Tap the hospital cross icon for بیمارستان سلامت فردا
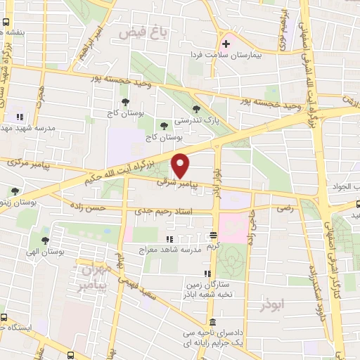tap(225, 44)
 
